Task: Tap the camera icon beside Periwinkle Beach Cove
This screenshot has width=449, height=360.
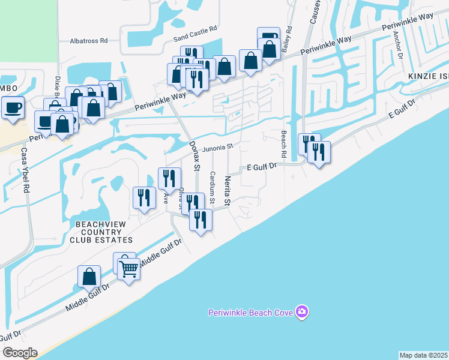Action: (302, 311)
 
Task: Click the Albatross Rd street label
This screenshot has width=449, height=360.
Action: (88, 41)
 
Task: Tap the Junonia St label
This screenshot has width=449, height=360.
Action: (217, 148)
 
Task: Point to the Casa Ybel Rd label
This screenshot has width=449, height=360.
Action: (25, 169)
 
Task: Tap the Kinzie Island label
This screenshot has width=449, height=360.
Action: (428, 77)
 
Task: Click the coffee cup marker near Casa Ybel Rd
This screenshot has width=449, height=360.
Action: (13, 108)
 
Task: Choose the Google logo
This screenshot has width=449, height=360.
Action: (19, 353)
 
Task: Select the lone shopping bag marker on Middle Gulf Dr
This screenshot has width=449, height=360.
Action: (89, 277)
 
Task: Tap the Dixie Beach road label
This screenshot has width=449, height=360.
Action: (58, 88)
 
